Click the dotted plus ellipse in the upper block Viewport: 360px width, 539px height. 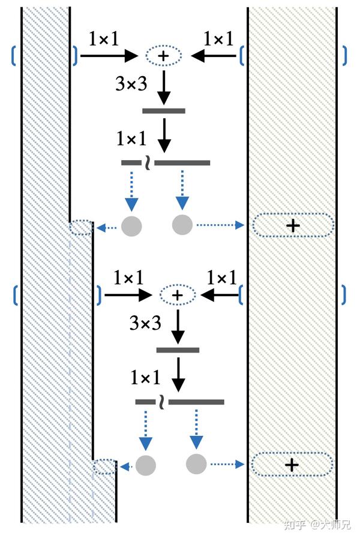pos(163,56)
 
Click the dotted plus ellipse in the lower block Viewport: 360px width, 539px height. pos(177,295)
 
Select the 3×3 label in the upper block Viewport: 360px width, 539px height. pos(131,84)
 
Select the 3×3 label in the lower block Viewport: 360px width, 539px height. pos(145,324)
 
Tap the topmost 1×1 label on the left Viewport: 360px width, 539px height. pos(103,40)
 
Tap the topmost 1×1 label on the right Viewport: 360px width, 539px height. pos(218,40)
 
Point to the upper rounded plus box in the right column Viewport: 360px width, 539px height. pos(293,225)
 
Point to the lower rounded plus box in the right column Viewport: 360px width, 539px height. pos(292,465)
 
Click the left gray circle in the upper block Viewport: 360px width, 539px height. pos(131,225)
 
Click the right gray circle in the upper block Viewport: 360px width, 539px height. pos(182,225)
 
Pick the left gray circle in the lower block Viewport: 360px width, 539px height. pos(146,465)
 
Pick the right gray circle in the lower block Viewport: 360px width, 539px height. pos(196,464)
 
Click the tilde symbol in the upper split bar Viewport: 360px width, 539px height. pos(146,163)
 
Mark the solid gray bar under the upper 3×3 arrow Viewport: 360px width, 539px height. pos(164,111)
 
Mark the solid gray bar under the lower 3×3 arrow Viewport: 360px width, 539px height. pos(178,350)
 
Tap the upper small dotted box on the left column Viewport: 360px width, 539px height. pos(81,228)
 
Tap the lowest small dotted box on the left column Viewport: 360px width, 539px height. pos(105,466)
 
